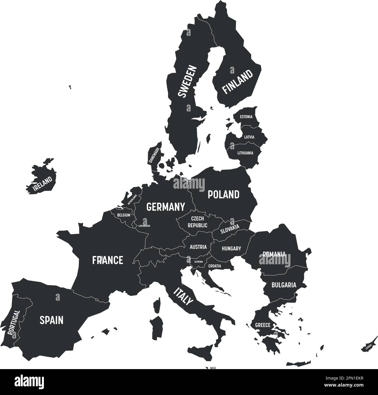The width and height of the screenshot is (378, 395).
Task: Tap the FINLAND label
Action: click(238, 82)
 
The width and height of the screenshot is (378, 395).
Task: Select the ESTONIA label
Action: click(246, 117)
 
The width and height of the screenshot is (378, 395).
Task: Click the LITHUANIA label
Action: click(245, 153)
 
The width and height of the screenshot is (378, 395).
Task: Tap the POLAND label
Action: click(223, 194)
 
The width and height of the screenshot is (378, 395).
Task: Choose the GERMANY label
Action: click(165, 207)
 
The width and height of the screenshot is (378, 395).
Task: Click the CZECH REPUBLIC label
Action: click(197, 222)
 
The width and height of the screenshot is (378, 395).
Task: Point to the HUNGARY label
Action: click(231, 249)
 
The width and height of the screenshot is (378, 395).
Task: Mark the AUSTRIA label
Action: click(198, 247)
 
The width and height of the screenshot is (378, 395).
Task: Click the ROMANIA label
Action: click(274, 254)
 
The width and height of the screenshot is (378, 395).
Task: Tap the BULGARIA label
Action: click(284, 285)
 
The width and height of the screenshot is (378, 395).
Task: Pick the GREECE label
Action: click(263, 325)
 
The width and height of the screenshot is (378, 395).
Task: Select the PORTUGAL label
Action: click(14, 322)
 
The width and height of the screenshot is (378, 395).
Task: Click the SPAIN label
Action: click(51, 320)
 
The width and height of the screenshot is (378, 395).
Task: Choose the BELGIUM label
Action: click(124, 215)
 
